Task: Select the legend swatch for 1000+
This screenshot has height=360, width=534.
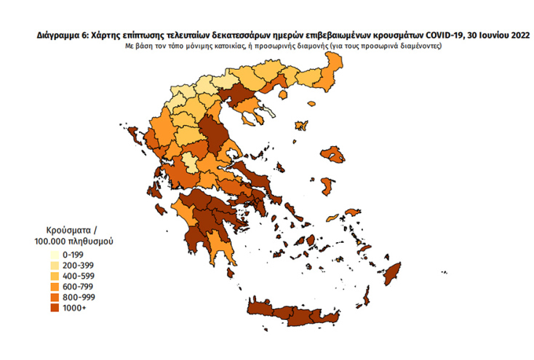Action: coord(55,308)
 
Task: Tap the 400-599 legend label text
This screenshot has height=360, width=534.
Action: coord(81,276)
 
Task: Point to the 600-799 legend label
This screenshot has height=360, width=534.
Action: coord(81,287)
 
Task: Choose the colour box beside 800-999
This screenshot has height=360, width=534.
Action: coord(55,297)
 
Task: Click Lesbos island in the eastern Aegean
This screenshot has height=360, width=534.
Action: coord(334,154)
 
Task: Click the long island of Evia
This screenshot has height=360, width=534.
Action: coord(255,175)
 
